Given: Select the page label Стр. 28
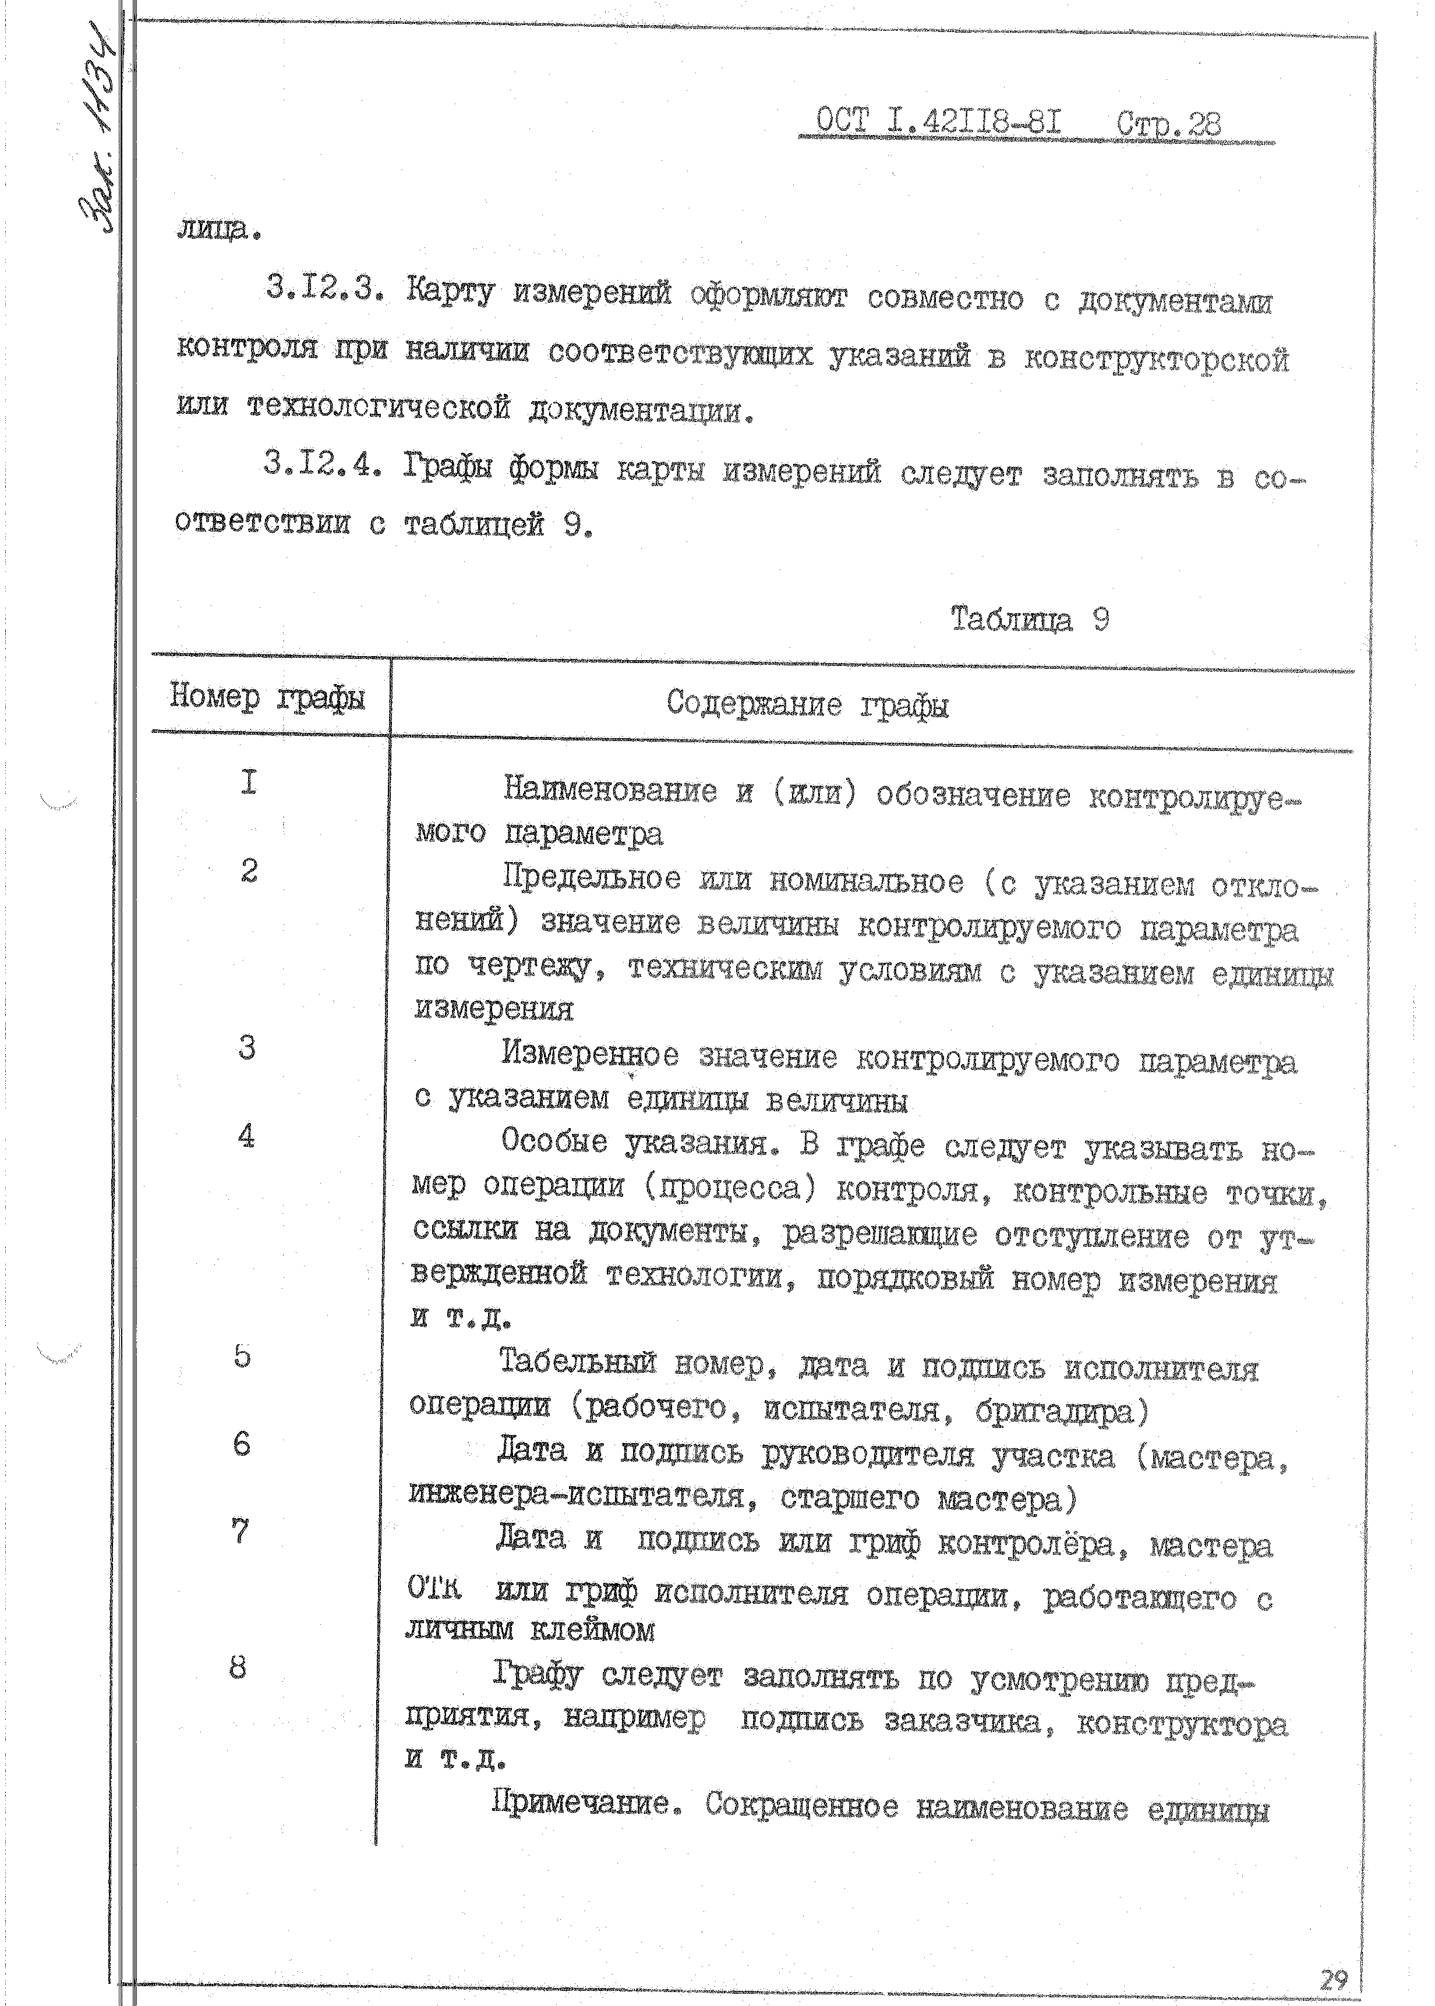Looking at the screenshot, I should [1168, 123].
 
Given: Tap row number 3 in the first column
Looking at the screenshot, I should [246, 1048].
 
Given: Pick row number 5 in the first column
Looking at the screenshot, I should [242, 1356].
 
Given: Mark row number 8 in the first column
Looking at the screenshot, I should [237, 1668].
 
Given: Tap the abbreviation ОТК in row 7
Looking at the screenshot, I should [434, 1588].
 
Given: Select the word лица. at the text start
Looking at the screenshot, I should [217, 230].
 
